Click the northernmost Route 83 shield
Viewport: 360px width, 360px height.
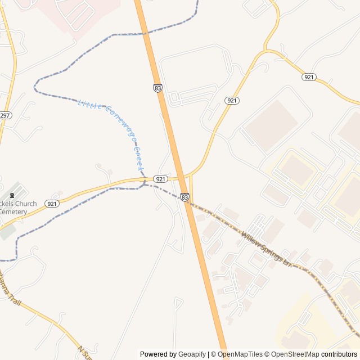(158, 88)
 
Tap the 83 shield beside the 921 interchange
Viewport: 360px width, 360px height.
(185, 197)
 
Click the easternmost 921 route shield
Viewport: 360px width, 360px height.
(308, 76)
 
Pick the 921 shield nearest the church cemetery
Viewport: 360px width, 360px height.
(52, 204)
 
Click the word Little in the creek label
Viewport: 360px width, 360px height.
(88, 103)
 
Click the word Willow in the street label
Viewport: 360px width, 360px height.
(251, 239)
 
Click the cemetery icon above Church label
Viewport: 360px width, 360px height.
(16, 191)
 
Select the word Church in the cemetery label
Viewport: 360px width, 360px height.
(25, 204)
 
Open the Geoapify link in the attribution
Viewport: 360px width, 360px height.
(192, 354)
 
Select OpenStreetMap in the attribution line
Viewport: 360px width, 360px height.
(293, 354)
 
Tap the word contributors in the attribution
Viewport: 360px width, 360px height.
(339, 354)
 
